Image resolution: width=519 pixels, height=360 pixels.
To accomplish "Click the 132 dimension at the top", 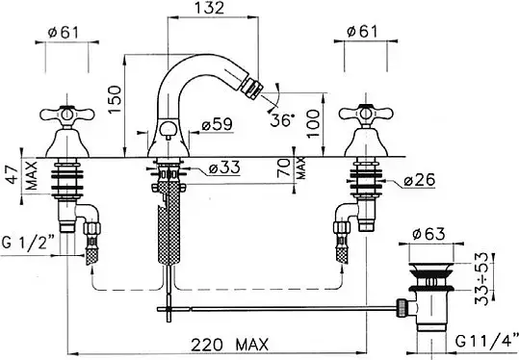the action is tap(209, 8).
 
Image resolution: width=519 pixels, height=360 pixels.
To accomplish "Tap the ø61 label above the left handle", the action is tap(64, 33).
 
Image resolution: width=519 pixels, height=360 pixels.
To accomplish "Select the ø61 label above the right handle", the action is tap(362, 32).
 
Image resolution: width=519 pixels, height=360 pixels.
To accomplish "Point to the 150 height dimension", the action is tap(115, 99).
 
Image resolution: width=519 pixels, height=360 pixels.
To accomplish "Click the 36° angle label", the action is tap(282, 120).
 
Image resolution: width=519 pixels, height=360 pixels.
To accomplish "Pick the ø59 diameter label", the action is tap(218, 124).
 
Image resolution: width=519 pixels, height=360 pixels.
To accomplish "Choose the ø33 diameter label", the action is tap(224, 168).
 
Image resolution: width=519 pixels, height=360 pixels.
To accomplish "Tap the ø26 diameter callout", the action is tap(419, 180).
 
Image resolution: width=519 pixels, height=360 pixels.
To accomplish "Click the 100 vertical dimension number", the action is tap(313, 124).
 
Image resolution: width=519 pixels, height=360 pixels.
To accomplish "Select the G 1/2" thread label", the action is tap(28, 243).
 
